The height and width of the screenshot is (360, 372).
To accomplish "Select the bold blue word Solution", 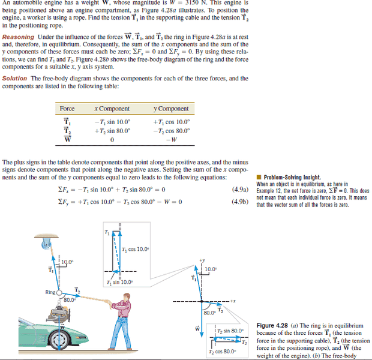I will point(15,78).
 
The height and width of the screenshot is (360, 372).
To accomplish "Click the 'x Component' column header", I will point(112,108).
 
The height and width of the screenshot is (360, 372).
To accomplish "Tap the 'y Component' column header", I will point(171,108).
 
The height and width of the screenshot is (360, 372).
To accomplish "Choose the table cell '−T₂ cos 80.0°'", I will point(171,131).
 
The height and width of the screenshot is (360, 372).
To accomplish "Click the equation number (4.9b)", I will point(239,201).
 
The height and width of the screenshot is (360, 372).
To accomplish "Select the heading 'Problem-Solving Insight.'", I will point(292,177).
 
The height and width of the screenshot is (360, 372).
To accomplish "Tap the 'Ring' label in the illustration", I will point(50,292).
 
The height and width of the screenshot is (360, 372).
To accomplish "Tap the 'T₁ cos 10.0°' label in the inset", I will point(136,250).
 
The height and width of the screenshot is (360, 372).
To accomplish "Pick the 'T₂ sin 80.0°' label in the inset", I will point(230,330).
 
